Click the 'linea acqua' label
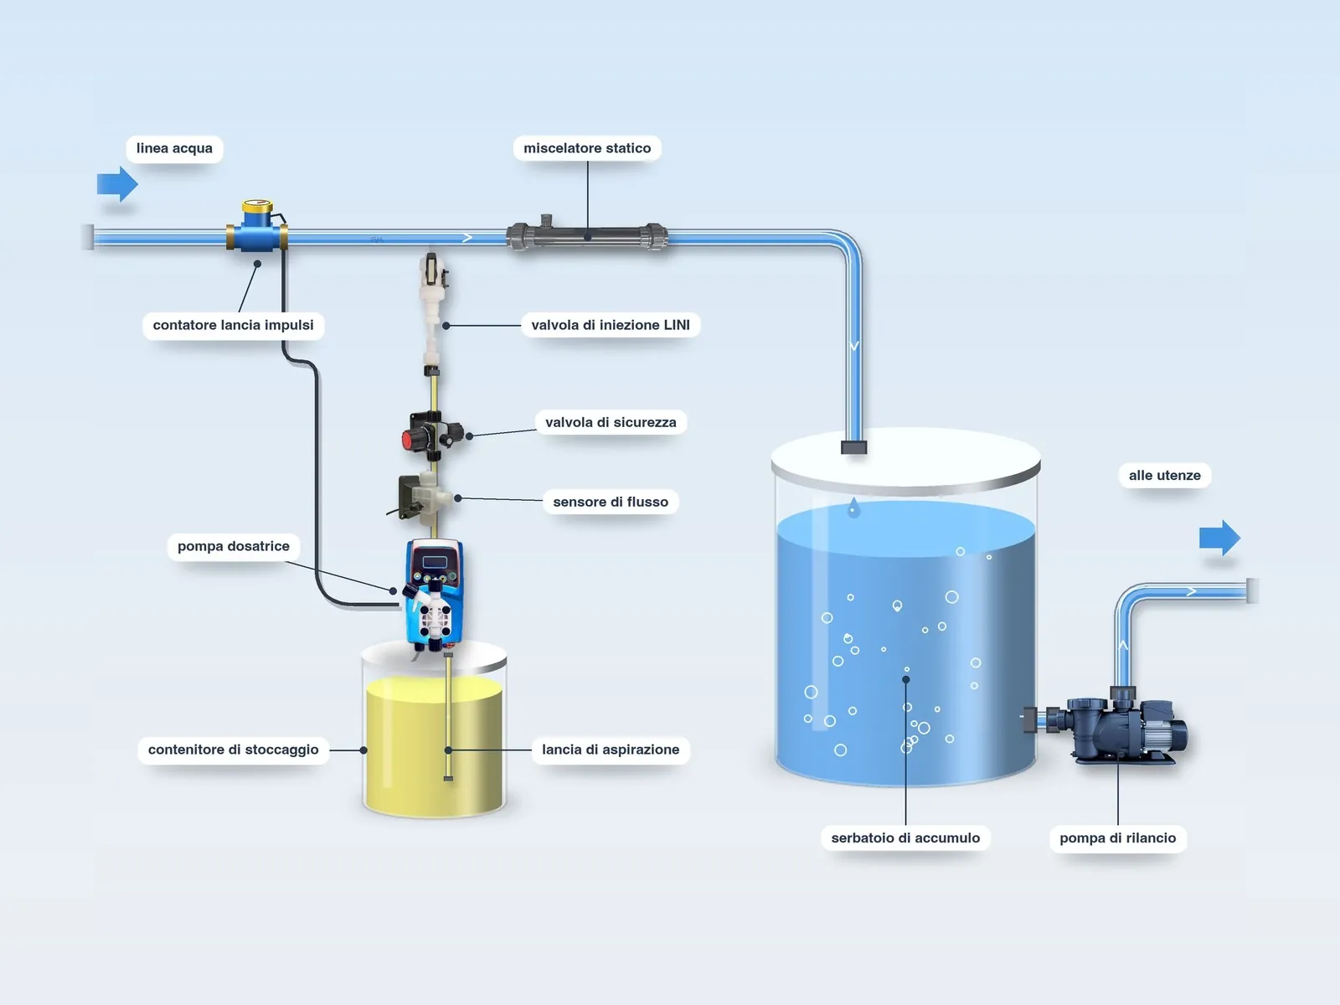(x=174, y=148)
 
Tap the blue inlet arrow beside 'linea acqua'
(x=117, y=183)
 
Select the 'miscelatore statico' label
(x=587, y=148)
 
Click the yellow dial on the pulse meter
(x=257, y=206)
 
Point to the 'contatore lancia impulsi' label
(x=233, y=325)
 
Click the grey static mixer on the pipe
(x=587, y=235)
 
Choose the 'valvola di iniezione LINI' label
(x=611, y=325)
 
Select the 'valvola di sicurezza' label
(x=611, y=422)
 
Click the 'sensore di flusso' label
(x=611, y=502)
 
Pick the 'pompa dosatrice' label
(x=233, y=546)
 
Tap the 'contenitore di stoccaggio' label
(x=233, y=750)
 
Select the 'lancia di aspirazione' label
(x=611, y=750)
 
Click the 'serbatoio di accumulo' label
(x=905, y=837)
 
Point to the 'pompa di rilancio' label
(x=1117, y=837)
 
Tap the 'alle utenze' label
(x=1164, y=476)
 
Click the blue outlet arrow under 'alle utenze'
(x=1219, y=538)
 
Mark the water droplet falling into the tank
(x=853, y=508)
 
